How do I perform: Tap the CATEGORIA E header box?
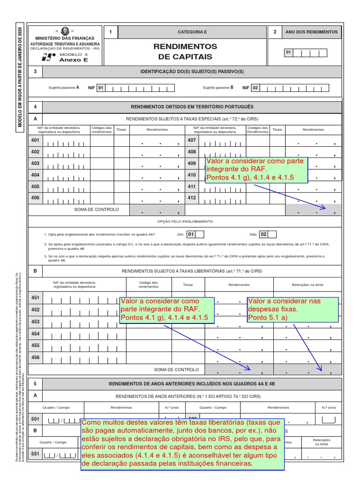pos(192,32)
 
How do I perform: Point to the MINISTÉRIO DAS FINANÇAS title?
pos(65,38)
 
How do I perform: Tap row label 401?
pos(35,141)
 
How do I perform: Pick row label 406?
pos(35,198)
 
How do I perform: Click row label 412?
pos(191,198)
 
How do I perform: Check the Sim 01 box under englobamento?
pos(191,234)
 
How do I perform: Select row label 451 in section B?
pos(35,298)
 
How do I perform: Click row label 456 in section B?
pos(35,357)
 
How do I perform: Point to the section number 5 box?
pos(35,383)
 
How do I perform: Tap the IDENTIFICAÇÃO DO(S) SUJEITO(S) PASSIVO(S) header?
pos(192,72)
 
